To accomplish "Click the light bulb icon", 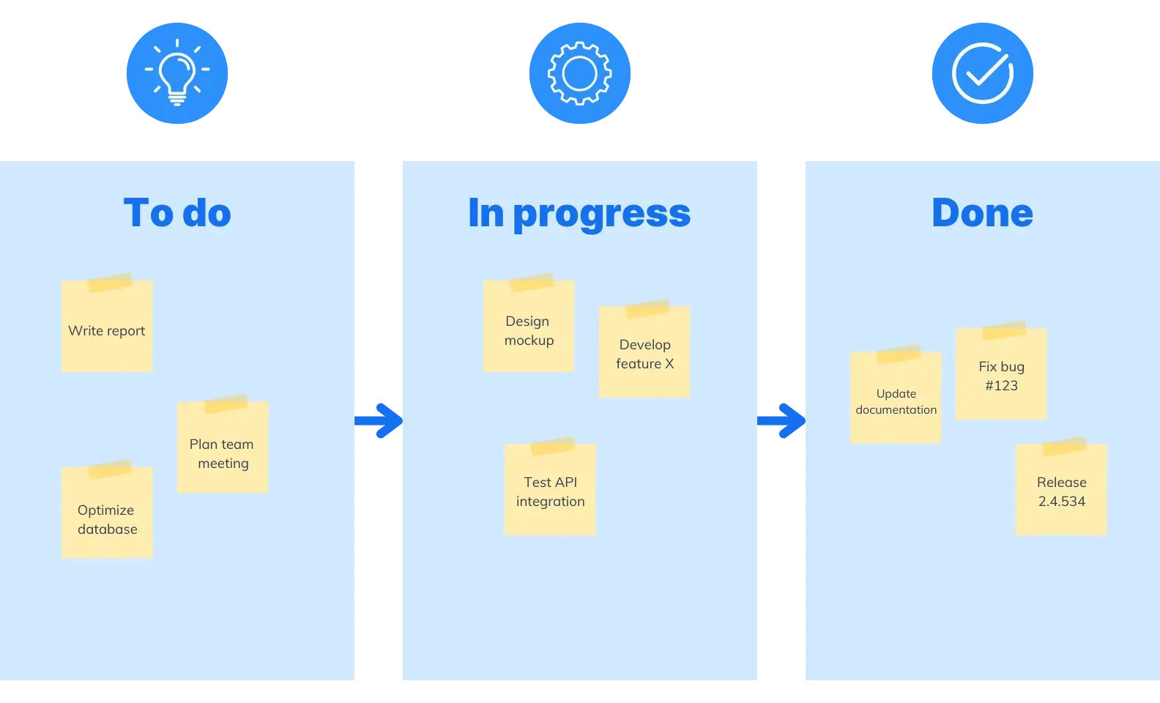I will click(177, 73).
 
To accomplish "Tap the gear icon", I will click(580, 73).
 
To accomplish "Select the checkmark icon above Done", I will click(983, 73).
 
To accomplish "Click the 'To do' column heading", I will click(177, 213).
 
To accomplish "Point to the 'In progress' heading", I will click(579, 214).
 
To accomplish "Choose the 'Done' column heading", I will click(982, 213).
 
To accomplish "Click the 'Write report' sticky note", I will click(107, 331).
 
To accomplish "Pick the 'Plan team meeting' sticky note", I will click(223, 453).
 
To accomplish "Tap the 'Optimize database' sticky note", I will click(107, 518).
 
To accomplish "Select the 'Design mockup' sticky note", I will click(529, 331).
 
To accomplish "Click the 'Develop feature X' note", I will click(644, 354).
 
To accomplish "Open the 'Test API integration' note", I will click(550, 491).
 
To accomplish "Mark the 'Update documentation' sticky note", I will click(896, 401).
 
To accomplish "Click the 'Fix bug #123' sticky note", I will click(1001, 376).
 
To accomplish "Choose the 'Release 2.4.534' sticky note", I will click(1061, 491).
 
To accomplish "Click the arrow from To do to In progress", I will click(379, 420).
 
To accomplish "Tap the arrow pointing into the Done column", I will click(782, 420).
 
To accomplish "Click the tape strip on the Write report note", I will click(110, 283).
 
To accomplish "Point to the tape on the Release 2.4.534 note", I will click(1064, 446).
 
